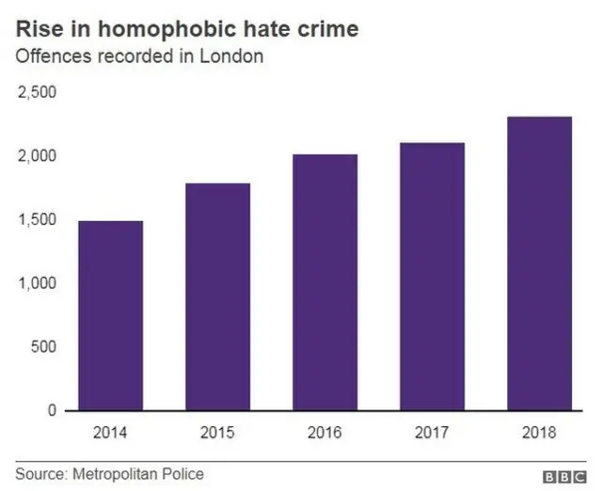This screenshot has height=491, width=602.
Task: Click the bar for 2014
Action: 111,315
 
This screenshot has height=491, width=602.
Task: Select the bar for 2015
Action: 217,296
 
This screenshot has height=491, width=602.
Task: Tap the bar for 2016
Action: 325,282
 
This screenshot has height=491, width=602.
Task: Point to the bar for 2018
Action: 538,263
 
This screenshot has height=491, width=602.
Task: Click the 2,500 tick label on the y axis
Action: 37,92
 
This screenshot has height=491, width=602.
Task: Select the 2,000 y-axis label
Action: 37,156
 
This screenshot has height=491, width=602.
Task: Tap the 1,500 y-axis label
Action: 37,220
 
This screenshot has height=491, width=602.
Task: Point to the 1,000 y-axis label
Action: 37,283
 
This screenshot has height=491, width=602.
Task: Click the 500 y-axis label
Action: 43,347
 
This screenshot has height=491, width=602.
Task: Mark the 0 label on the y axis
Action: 53,411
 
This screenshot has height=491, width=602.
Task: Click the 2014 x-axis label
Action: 111,433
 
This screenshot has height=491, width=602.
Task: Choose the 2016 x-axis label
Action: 325,433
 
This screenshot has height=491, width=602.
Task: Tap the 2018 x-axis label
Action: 538,433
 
